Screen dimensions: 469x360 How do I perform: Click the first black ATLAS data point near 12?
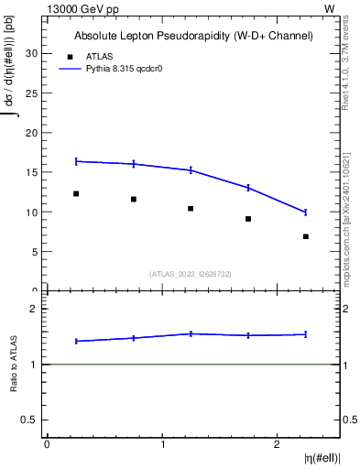[76, 193]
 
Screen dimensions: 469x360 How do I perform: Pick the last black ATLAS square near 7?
[306, 236]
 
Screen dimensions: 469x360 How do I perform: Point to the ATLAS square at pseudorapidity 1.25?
[191, 209]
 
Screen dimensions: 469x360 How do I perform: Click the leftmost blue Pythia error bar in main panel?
[76, 161]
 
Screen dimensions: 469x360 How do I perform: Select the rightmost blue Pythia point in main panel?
[306, 213]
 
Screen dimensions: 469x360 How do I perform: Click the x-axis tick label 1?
[162, 444]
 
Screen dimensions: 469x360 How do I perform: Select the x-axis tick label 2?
[278, 444]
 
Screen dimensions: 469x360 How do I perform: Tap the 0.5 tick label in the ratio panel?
[29, 420]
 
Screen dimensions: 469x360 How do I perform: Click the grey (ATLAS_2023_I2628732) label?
[191, 273]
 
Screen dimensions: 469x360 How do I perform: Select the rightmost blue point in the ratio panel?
[306, 334]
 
